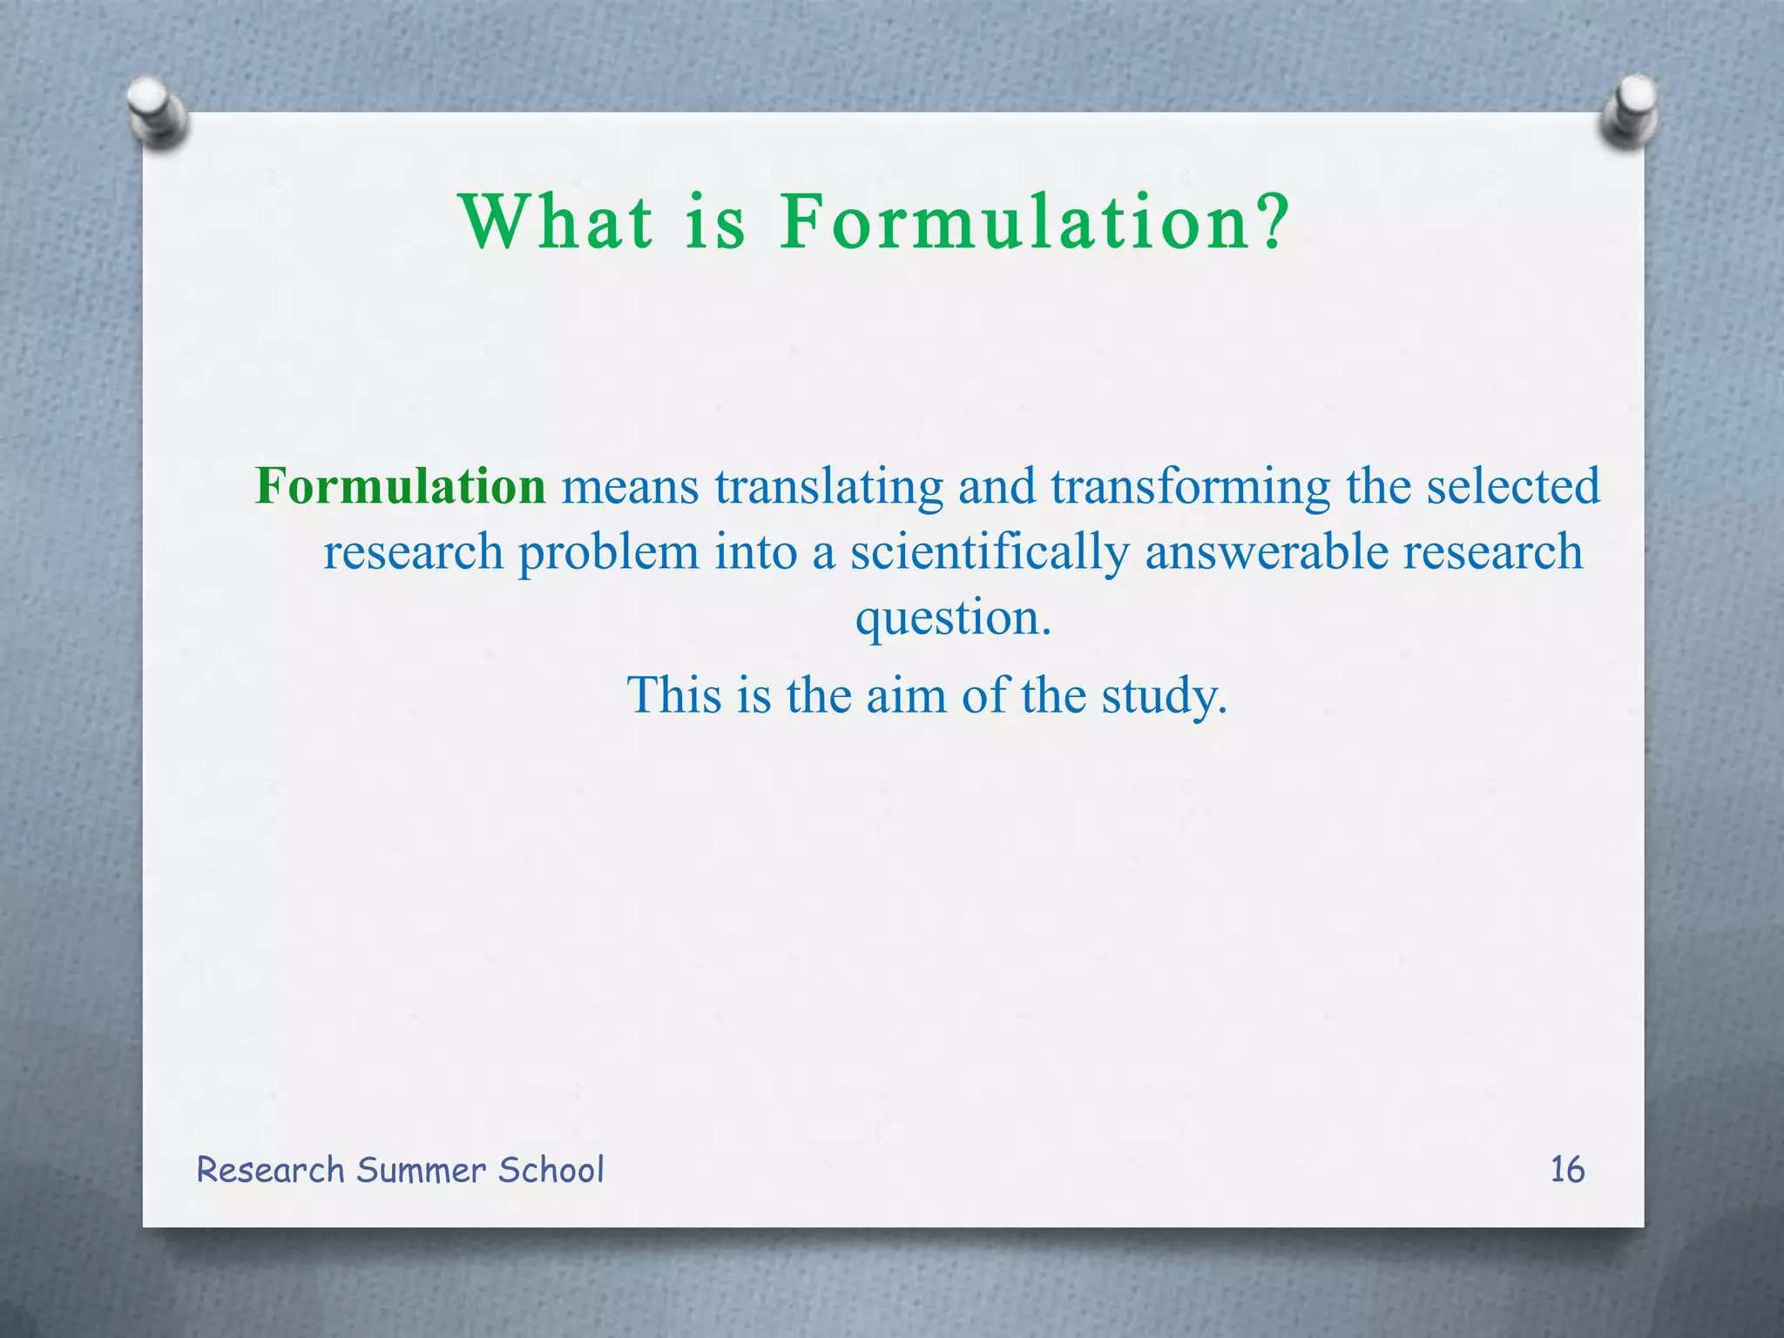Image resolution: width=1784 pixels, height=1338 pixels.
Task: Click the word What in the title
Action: coord(557,222)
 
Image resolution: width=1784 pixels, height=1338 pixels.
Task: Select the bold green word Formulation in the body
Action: coord(401,486)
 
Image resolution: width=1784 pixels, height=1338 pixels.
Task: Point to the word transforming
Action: coord(1191,488)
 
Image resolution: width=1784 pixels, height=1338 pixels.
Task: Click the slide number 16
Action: coord(1567,1170)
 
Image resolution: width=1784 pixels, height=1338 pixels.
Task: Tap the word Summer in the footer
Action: coord(422,1170)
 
